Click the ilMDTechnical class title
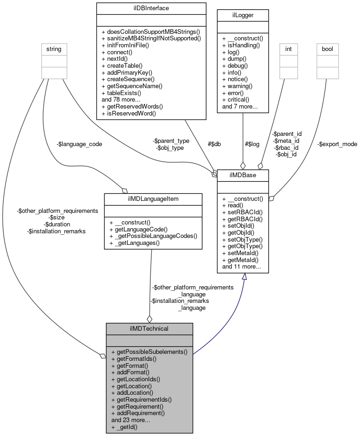click(149, 328)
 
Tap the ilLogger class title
click(242, 15)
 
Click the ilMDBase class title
click(243, 175)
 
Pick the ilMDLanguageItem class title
click(153, 199)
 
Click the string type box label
click(55, 48)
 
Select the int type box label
click(288, 48)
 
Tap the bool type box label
click(327, 48)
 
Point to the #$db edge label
click(214, 144)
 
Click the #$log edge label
click(252, 144)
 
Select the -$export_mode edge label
click(337, 144)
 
